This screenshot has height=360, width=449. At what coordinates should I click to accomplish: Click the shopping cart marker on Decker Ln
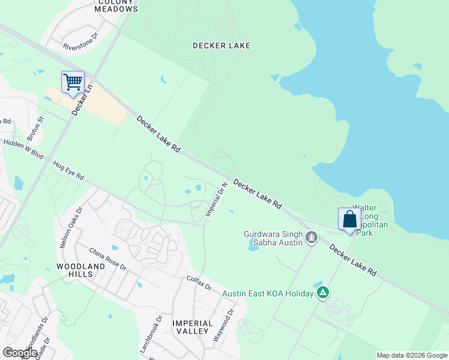[x=73, y=82]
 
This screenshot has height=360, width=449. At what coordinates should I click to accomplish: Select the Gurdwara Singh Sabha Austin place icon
[x=311, y=238]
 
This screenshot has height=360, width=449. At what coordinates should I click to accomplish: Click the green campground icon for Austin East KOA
[x=323, y=293]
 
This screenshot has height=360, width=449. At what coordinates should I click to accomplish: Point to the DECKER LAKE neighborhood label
[x=221, y=46]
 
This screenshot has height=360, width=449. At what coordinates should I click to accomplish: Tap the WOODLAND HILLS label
[x=75, y=269]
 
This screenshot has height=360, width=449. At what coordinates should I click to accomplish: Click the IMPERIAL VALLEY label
[x=192, y=327]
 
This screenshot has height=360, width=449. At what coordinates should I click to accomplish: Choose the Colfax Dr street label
[x=199, y=283]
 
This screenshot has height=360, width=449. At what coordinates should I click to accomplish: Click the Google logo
[x=20, y=353]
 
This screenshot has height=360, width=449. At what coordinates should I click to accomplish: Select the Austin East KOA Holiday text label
[x=268, y=293]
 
